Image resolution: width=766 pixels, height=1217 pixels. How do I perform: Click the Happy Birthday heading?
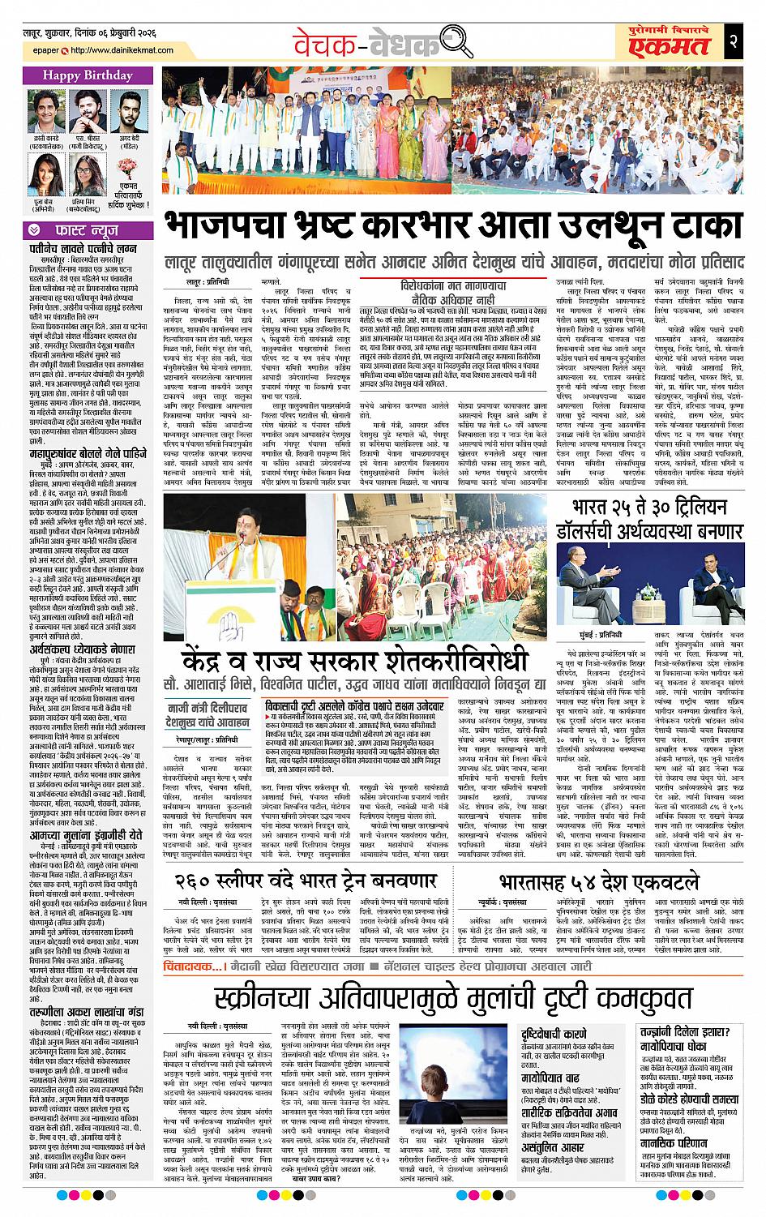(x=83, y=75)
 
